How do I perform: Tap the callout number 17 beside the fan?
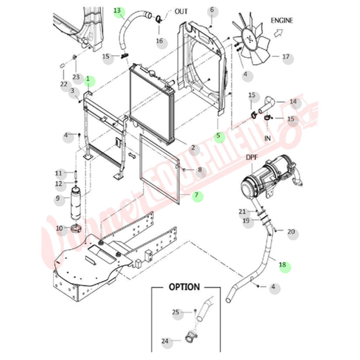286,57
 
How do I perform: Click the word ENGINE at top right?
282,20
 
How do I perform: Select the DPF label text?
252,157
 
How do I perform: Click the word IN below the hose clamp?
268,138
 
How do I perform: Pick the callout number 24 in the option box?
165,341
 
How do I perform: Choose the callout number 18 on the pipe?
282,264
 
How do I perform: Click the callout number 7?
197,196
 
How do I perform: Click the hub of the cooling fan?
250,39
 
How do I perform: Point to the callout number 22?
64,84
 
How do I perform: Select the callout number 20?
291,232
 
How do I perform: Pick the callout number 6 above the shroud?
212,10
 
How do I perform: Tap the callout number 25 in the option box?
175,312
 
